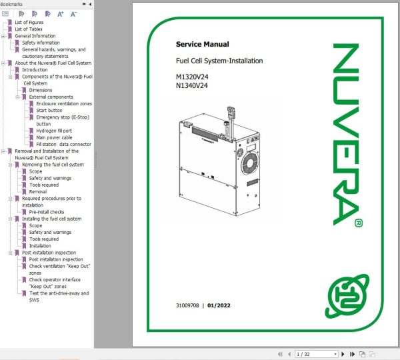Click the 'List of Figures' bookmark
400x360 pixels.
point(29,23)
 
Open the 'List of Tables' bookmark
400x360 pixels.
point(29,29)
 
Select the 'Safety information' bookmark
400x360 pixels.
point(41,43)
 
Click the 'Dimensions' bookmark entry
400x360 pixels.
point(41,90)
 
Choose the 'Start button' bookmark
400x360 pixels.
point(49,111)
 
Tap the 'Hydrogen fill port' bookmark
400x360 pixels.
point(54,131)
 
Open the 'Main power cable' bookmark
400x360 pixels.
point(54,137)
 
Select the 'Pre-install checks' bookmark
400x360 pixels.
point(47,212)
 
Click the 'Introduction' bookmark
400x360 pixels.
point(35,69)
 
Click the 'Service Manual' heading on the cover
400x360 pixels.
point(202,44)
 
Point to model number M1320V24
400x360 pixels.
point(192,77)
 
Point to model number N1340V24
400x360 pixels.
point(192,85)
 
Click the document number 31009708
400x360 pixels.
point(187,305)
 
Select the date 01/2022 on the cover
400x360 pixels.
point(219,305)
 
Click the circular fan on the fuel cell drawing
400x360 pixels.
point(250,163)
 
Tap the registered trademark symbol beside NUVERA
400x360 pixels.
point(359,223)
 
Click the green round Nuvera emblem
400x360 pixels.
point(347,296)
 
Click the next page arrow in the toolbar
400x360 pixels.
point(343,354)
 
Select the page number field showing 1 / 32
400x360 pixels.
point(316,354)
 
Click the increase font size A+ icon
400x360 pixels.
point(60,14)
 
